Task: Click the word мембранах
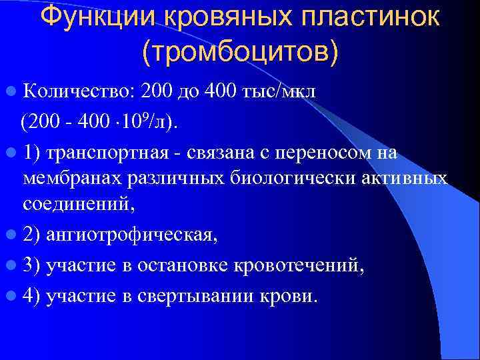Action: point(70,178)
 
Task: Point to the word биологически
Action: point(287,178)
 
